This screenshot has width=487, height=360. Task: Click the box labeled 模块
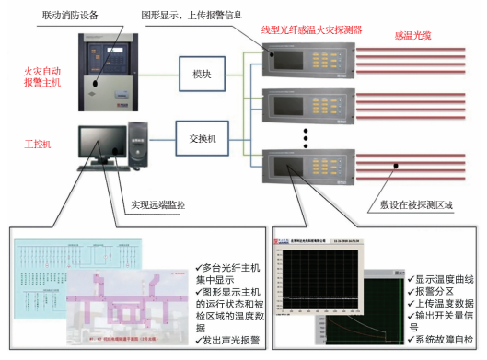(203, 73)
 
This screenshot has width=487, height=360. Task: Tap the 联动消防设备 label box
(73, 17)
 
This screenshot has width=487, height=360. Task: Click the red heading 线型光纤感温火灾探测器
(311, 30)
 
